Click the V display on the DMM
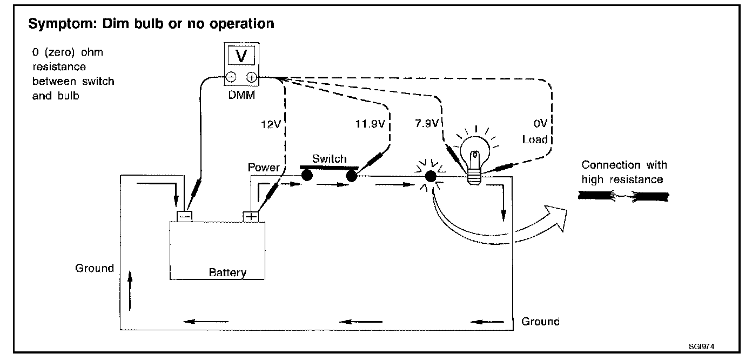(241, 56)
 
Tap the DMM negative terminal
(231, 77)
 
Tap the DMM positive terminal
(251, 77)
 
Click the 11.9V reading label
(370, 124)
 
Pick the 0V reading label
(542, 124)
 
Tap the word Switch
(329, 159)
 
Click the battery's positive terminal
(251, 216)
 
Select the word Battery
(227, 272)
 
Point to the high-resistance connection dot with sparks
(431, 176)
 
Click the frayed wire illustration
(623, 197)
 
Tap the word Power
(263, 167)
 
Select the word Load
(535, 140)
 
